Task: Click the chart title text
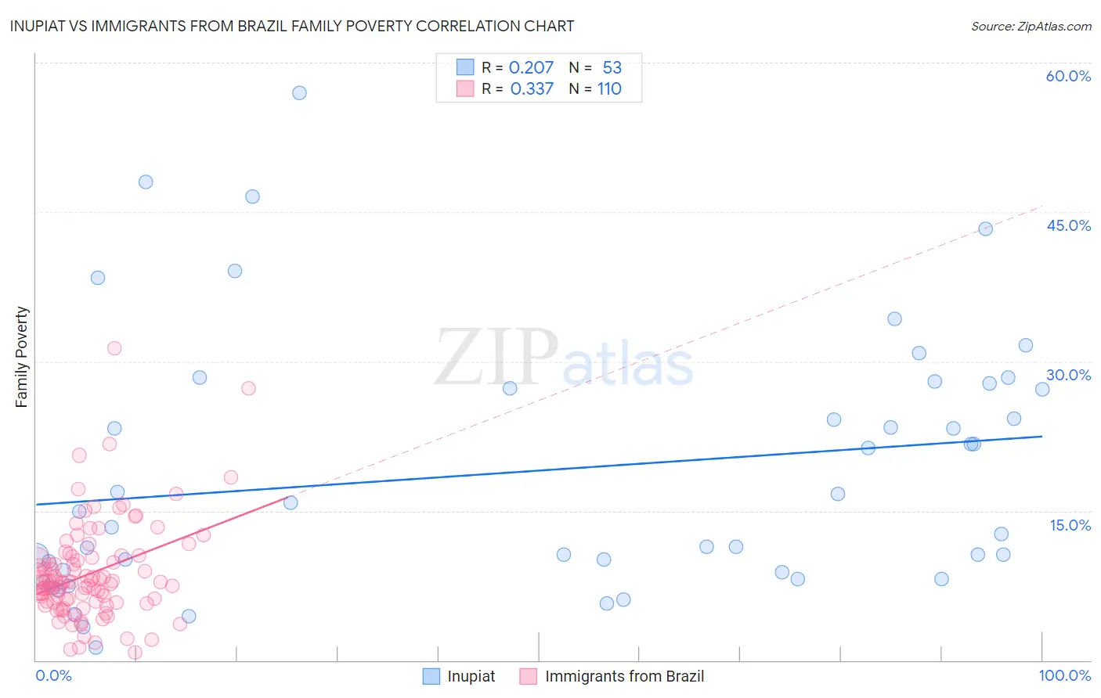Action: click(291, 26)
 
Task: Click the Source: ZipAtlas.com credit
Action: click(1031, 26)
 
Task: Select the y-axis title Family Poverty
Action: click(22, 357)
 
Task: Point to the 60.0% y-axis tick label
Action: click(1068, 76)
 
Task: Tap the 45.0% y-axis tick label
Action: click(1068, 225)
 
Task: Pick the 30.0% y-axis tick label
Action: click(1068, 375)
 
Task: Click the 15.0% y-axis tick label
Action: click(1070, 525)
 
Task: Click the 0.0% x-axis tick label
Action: click(53, 675)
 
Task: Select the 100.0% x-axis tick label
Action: click(1064, 675)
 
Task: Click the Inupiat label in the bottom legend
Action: click(471, 676)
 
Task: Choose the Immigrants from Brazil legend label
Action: click(624, 676)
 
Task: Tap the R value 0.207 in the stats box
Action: click(531, 67)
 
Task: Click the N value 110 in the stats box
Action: click(609, 88)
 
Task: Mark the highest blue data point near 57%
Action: click(299, 93)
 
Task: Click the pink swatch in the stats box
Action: click(465, 88)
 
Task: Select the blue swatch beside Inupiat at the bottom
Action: click(431, 676)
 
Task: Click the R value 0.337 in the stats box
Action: click(532, 88)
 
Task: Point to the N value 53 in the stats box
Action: click(612, 67)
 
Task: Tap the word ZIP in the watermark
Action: click(496, 358)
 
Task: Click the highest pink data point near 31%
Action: click(114, 348)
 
